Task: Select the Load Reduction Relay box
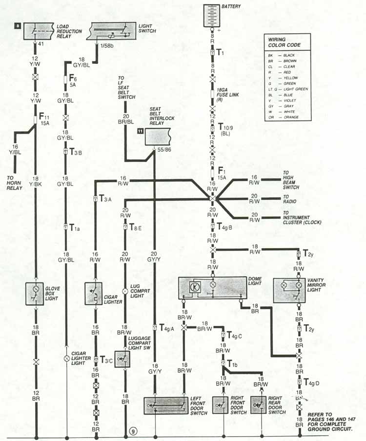tap(35, 31)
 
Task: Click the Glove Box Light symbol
tap(35, 294)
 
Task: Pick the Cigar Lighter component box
tap(93, 294)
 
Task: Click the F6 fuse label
tap(73, 78)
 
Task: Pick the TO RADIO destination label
tap(290, 199)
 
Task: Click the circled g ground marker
tap(133, 430)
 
